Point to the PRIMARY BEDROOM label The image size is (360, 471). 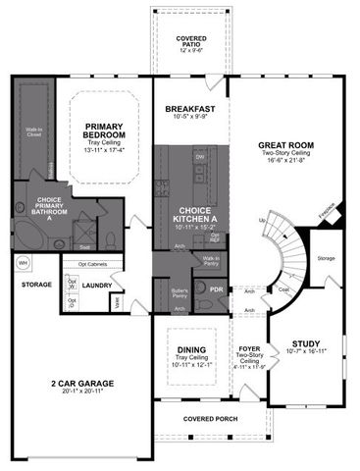(x=103, y=131)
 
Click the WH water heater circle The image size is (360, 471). (x=23, y=263)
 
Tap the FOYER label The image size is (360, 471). (x=248, y=348)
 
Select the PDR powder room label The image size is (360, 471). (x=216, y=289)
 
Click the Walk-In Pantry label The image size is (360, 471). (x=211, y=260)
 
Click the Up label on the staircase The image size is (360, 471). (x=261, y=221)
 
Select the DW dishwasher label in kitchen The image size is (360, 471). (x=199, y=156)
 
